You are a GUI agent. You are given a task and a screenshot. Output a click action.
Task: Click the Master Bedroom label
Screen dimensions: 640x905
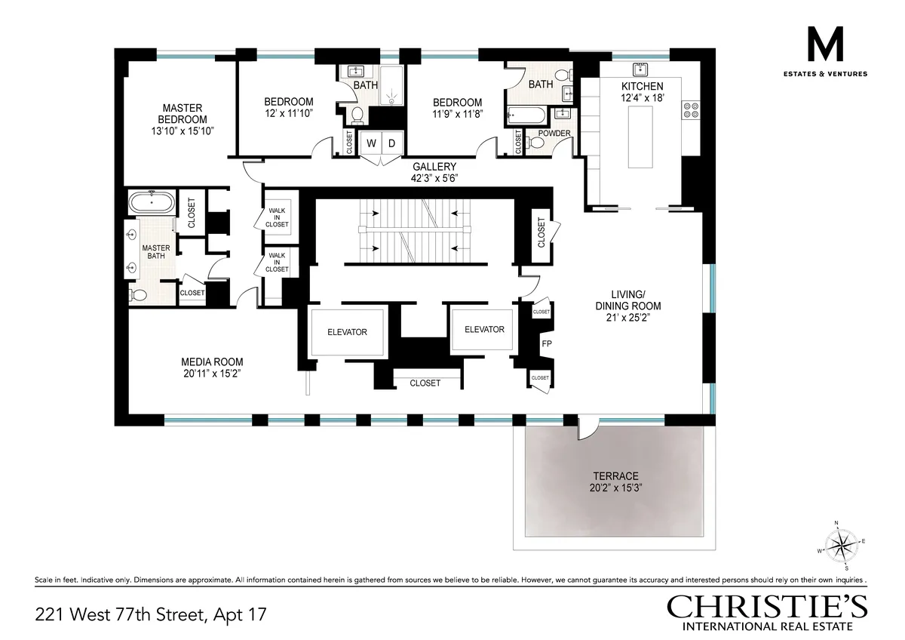pyautogui.click(x=182, y=113)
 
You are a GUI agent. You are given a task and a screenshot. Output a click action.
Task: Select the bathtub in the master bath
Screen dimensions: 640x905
pyautogui.click(x=152, y=204)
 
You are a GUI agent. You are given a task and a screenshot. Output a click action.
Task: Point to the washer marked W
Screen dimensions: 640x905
pyautogui.click(x=372, y=143)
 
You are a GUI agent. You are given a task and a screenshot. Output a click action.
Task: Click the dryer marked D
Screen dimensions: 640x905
pyautogui.click(x=392, y=143)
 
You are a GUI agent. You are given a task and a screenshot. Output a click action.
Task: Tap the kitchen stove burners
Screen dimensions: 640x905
pyautogui.click(x=691, y=110)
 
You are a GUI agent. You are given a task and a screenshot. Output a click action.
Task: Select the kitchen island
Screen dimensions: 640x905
pyautogui.click(x=642, y=137)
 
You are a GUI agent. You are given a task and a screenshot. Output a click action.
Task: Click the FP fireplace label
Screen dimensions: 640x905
pyautogui.click(x=547, y=344)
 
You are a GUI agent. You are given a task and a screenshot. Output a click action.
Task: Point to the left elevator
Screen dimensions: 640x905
pyautogui.click(x=347, y=331)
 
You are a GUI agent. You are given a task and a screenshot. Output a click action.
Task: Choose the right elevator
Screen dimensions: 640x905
pyautogui.click(x=483, y=329)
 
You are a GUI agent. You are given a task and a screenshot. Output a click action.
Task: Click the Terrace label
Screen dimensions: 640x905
pyautogui.click(x=615, y=476)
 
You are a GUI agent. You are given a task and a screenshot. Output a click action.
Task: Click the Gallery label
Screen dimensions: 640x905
pyautogui.click(x=434, y=167)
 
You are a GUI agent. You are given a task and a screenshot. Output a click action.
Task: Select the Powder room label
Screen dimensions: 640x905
pyautogui.click(x=554, y=134)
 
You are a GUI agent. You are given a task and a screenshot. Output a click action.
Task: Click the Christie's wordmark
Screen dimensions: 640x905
pyautogui.click(x=766, y=607)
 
